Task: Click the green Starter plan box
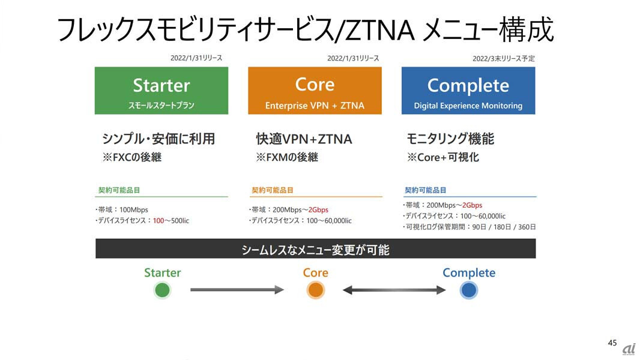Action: click(162, 91)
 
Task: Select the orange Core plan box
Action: click(315, 91)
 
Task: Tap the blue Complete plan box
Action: click(468, 91)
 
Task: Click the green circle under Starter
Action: click(162, 290)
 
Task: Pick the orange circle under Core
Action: click(316, 290)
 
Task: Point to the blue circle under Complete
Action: click(468, 290)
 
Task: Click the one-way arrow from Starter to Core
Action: click(237, 290)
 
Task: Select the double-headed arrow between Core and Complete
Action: click(394, 290)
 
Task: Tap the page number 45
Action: click(612, 343)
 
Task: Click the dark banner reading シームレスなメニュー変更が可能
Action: click(316, 248)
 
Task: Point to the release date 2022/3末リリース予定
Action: click(504, 59)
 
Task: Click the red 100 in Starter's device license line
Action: click(158, 221)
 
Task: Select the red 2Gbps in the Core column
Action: click(318, 209)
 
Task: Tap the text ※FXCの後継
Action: click(132, 157)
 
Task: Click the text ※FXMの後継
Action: click(287, 157)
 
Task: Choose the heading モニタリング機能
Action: click(450, 139)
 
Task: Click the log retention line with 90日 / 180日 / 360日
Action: click(469, 227)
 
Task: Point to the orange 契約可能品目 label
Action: click(272, 190)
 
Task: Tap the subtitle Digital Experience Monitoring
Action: click(468, 106)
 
